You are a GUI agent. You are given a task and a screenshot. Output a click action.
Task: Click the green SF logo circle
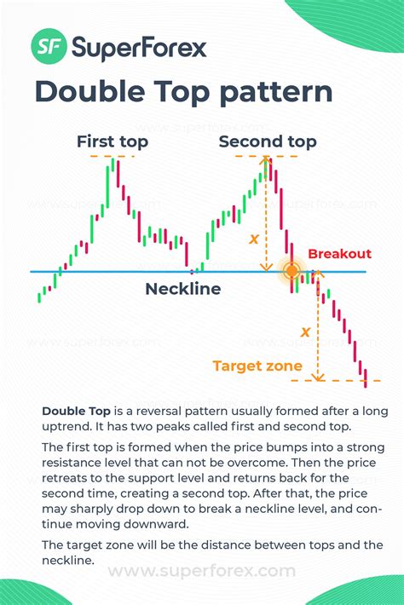(x=49, y=46)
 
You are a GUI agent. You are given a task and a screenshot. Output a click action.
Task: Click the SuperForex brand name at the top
(x=139, y=48)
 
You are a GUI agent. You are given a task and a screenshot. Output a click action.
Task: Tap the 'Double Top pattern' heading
(x=183, y=92)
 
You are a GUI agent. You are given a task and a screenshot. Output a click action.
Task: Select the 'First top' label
(x=113, y=141)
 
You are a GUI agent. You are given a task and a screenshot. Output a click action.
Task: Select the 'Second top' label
(x=268, y=141)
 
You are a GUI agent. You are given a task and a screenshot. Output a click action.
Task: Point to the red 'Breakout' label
(x=339, y=254)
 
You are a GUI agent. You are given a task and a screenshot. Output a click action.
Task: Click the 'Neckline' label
(x=183, y=289)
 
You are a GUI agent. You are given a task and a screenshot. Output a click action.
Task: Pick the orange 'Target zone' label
(x=257, y=366)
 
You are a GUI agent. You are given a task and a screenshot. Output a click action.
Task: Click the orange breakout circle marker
(x=291, y=271)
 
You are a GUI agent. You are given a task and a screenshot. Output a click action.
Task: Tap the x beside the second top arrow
(x=253, y=239)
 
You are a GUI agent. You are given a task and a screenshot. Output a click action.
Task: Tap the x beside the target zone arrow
(x=305, y=331)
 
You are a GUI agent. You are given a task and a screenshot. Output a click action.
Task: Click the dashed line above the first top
(x=113, y=156)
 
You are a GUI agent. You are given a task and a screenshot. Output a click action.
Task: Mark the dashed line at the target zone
(x=336, y=380)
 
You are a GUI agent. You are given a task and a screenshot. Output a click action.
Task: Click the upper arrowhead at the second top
(x=266, y=158)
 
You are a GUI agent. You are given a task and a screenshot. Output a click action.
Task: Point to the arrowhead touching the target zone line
(x=318, y=377)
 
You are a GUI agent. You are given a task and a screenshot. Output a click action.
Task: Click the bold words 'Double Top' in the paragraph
(x=76, y=412)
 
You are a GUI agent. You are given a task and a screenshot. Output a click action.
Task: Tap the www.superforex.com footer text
(x=202, y=571)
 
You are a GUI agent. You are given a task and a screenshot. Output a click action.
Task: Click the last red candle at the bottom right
(x=365, y=378)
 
